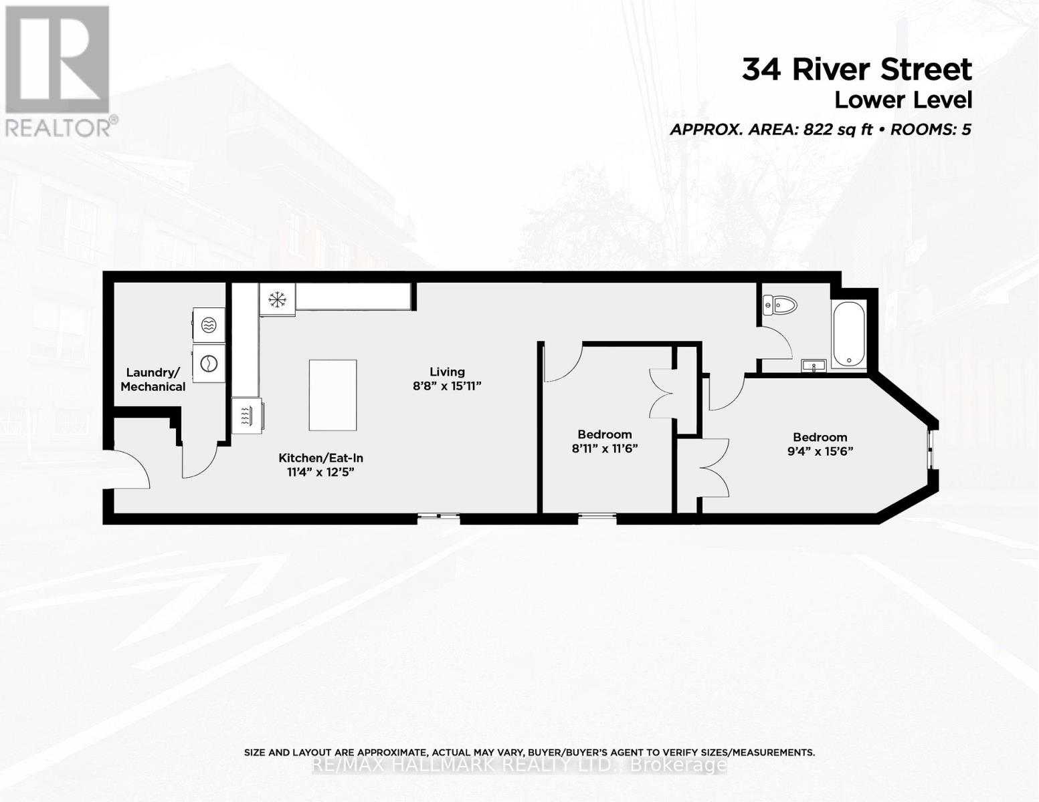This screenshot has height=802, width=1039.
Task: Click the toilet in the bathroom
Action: [x=780, y=306]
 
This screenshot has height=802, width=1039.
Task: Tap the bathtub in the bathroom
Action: [x=848, y=333]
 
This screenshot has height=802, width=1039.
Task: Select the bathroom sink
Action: [x=814, y=366]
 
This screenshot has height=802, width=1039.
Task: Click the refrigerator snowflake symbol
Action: [x=276, y=299]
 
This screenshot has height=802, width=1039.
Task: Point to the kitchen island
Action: [x=333, y=395]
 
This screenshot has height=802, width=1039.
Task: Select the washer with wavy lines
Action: [x=208, y=325]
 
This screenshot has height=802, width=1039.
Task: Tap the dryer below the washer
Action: [x=208, y=363]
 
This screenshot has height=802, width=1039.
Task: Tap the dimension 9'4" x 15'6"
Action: [x=820, y=451]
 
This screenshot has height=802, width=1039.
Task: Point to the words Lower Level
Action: [x=903, y=100]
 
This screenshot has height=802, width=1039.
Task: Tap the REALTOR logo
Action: [x=58, y=70]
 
